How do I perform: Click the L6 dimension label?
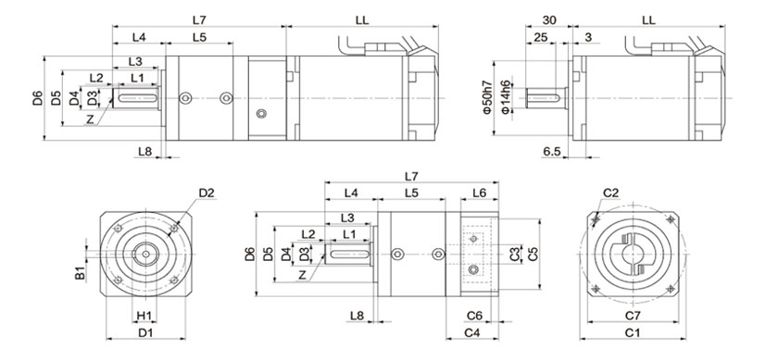click(479, 193)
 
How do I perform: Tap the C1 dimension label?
click(632, 333)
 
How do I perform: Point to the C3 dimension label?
click(516, 255)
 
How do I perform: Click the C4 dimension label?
click(471, 333)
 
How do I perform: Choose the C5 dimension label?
click(533, 254)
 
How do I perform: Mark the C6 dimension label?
click(474, 316)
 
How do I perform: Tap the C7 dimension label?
click(632, 316)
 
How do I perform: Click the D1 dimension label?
click(145, 333)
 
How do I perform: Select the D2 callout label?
click(207, 193)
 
